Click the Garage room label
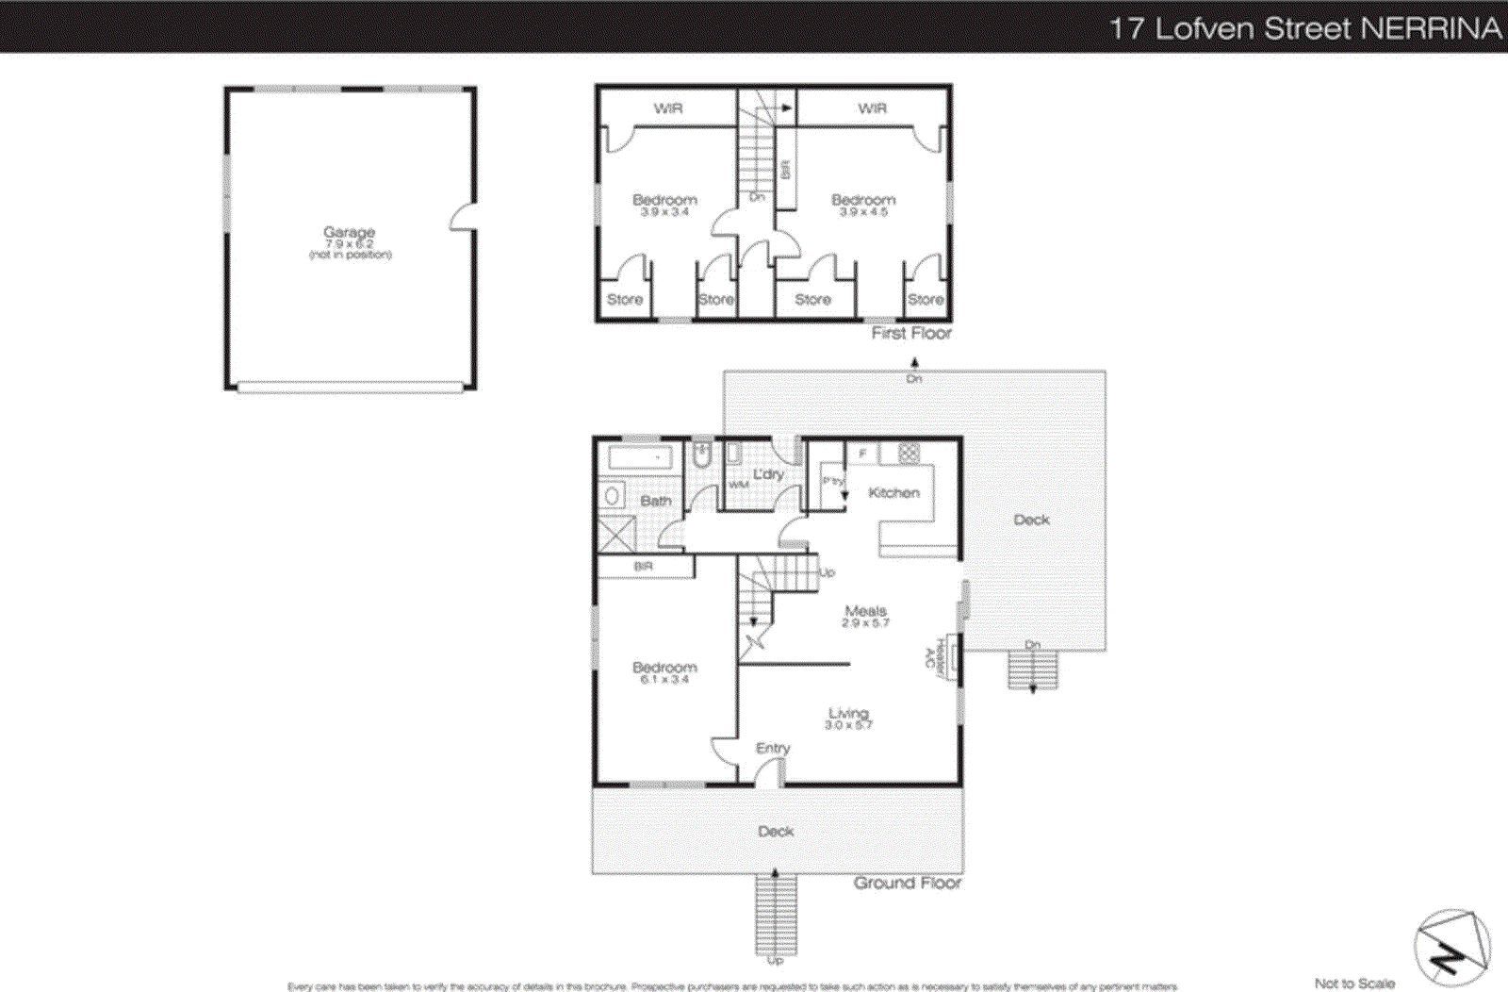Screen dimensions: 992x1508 (x=349, y=232)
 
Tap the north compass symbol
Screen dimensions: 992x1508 (x=1451, y=949)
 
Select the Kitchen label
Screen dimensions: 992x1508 (x=893, y=492)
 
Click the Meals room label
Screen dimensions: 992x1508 (x=865, y=611)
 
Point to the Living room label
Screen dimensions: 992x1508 (x=848, y=714)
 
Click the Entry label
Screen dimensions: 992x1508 (x=773, y=748)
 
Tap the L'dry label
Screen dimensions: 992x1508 (x=768, y=474)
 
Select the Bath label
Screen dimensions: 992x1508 (x=656, y=501)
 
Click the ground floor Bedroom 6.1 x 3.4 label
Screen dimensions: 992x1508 (x=664, y=668)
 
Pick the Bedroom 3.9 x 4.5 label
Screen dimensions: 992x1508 (x=863, y=200)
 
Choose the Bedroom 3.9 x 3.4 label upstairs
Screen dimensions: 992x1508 (x=664, y=200)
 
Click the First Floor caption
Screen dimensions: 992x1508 (x=910, y=333)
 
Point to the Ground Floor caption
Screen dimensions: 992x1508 (x=907, y=883)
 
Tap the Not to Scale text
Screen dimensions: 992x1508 (x=1354, y=983)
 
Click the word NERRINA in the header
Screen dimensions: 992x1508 (x=1431, y=28)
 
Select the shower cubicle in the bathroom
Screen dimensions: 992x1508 (x=617, y=534)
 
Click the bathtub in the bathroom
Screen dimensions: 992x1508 (x=640, y=458)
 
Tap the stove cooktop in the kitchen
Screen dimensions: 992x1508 (x=908, y=454)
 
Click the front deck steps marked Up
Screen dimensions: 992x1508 (x=776, y=915)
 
